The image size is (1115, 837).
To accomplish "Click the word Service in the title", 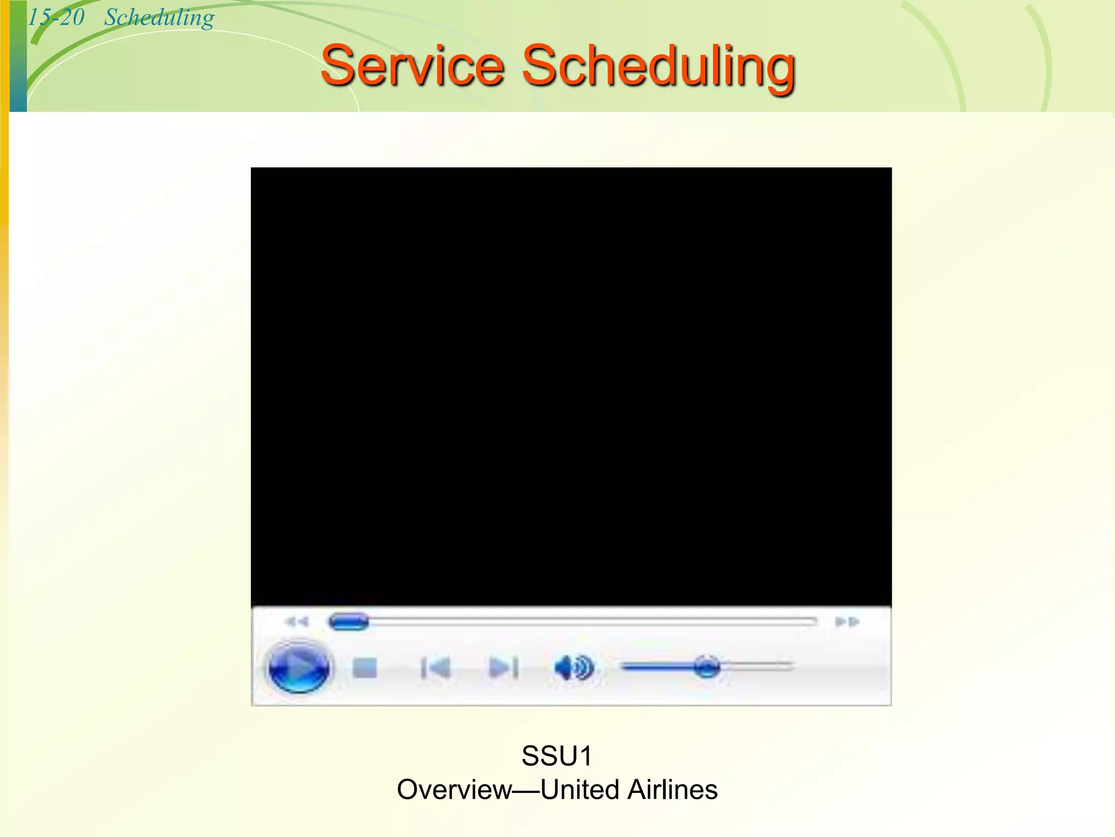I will (x=412, y=66).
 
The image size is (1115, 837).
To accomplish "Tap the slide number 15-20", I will (x=56, y=17).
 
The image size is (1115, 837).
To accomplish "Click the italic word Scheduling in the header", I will (x=159, y=18).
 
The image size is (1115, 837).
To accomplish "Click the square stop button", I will (x=364, y=668).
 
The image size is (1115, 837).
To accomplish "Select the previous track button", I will (x=436, y=668).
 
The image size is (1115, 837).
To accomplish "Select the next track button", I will (x=503, y=668).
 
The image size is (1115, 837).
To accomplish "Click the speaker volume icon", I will (x=573, y=668).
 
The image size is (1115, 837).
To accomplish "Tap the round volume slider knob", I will (x=707, y=666).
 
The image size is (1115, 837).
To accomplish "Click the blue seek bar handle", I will (x=349, y=622).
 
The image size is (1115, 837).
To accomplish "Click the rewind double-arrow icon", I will (x=297, y=622).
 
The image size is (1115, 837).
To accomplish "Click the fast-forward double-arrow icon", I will (x=847, y=622).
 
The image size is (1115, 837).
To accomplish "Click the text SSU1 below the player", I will (x=556, y=756).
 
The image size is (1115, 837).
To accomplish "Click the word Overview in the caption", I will (x=454, y=790).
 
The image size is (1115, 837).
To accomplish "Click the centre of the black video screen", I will (x=571, y=386).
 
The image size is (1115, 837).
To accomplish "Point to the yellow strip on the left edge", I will (x=4, y=109).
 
